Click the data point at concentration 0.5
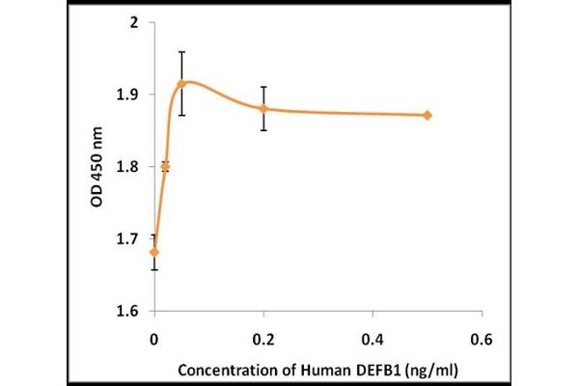[427, 115]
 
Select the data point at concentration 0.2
[263, 108]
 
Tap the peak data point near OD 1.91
[181, 84]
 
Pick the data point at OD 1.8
[165, 166]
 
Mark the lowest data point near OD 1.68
[154, 252]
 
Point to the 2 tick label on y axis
[138, 22]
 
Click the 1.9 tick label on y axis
[130, 95]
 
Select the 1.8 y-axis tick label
[130, 167]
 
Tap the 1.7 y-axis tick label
[130, 239]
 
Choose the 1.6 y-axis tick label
[130, 312]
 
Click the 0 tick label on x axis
[154, 339]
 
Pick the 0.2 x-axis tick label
[263, 339]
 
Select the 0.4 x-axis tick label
[372, 339]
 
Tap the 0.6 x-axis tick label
[482, 339]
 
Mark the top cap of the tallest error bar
[181, 51]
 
